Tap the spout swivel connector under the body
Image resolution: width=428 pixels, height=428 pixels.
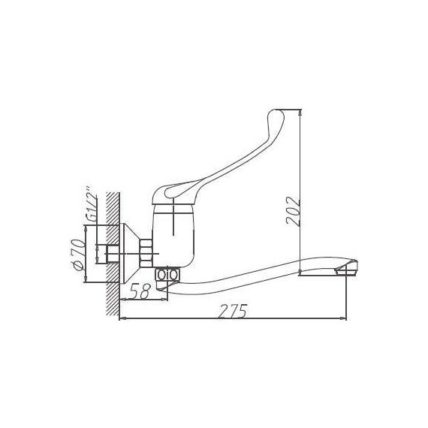[167, 276]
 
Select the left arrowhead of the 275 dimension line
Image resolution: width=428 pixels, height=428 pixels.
[122, 319]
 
